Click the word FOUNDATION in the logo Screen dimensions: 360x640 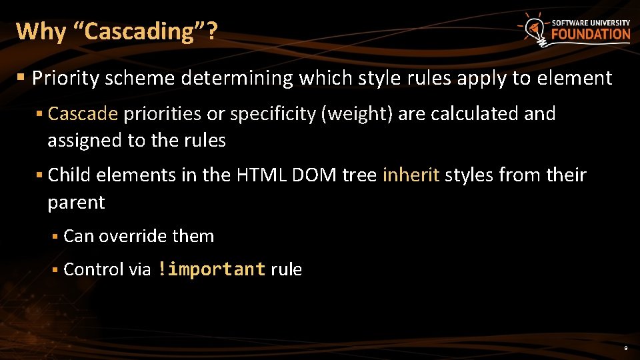pyautogui.click(x=591, y=34)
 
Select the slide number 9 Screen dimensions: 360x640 pyautogui.click(x=625, y=349)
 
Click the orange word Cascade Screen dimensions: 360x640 pyautogui.click(x=83, y=114)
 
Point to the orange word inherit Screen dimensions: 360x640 pyautogui.click(x=411, y=175)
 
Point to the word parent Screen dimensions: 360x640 pyautogui.click(x=76, y=202)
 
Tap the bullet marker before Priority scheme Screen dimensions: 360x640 pyautogui.click(x=21, y=79)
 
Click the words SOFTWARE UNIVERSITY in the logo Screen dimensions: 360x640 pyautogui.click(x=591, y=23)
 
